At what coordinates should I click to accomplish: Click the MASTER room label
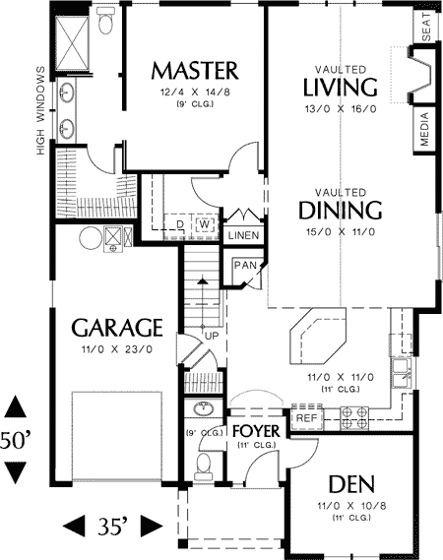click(x=194, y=71)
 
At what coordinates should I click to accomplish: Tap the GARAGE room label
click(x=117, y=327)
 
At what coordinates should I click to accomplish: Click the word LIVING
click(x=340, y=88)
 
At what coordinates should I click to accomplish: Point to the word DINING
click(x=341, y=210)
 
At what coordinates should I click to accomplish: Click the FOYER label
click(x=256, y=432)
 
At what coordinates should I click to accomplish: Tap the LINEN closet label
click(x=243, y=236)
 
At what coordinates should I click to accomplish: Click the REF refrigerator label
click(x=307, y=419)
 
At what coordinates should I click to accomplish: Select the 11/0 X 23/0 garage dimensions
click(x=117, y=349)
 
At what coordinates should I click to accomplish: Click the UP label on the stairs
click(x=210, y=336)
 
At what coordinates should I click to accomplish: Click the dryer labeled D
click(x=179, y=224)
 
